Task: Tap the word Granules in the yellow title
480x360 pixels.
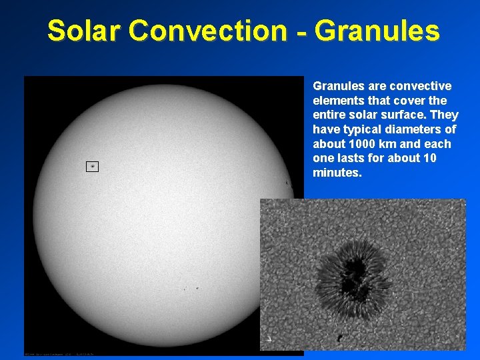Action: point(377,31)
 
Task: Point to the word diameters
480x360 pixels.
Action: point(416,130)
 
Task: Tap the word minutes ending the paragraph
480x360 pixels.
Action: point(337,173)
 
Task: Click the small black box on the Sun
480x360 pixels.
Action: point(92,166)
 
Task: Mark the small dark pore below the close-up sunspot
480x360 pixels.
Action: point(341,339)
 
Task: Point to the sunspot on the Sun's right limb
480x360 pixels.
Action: point(287,183)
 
